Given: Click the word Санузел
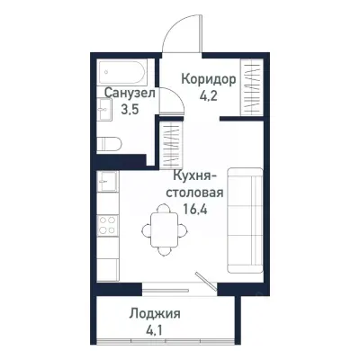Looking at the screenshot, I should pos(130,93).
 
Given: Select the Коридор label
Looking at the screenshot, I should pos(209,79).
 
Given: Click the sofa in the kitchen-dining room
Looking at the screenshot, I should pos(244,220).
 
